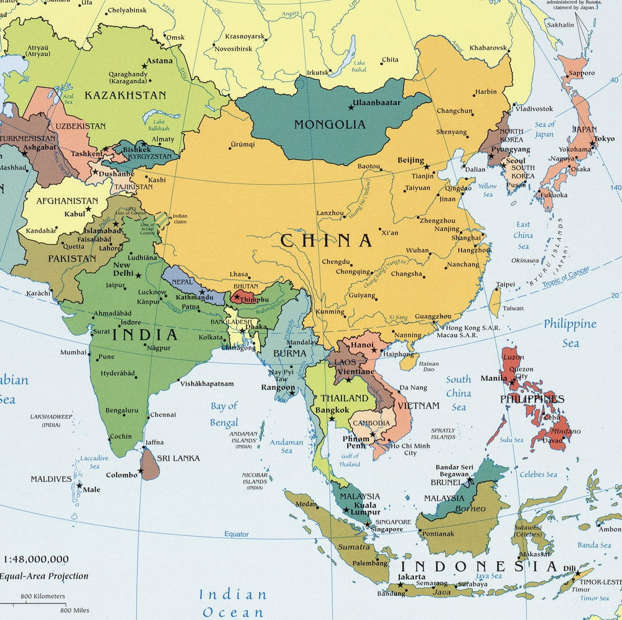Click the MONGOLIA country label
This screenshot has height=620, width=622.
[330, 124]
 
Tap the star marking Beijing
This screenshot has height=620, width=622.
[427, 166]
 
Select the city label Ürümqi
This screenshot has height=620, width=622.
[243, 144]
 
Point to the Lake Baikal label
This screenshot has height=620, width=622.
[360, 66]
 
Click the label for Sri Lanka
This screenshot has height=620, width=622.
[178, 458]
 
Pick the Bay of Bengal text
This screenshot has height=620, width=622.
[224, 414]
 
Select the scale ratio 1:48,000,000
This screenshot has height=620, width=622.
[36, 559]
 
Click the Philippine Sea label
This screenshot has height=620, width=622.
[570, 333]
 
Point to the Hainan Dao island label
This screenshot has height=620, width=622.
[429, 367]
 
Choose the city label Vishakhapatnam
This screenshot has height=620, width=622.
[207, 384]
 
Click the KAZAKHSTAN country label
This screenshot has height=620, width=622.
[125, 95]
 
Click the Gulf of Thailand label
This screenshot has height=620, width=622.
[350, 460]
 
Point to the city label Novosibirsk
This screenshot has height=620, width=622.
[233, 48]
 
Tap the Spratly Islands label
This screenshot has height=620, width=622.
[443, 433]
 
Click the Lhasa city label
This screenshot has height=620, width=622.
[239, 274]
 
